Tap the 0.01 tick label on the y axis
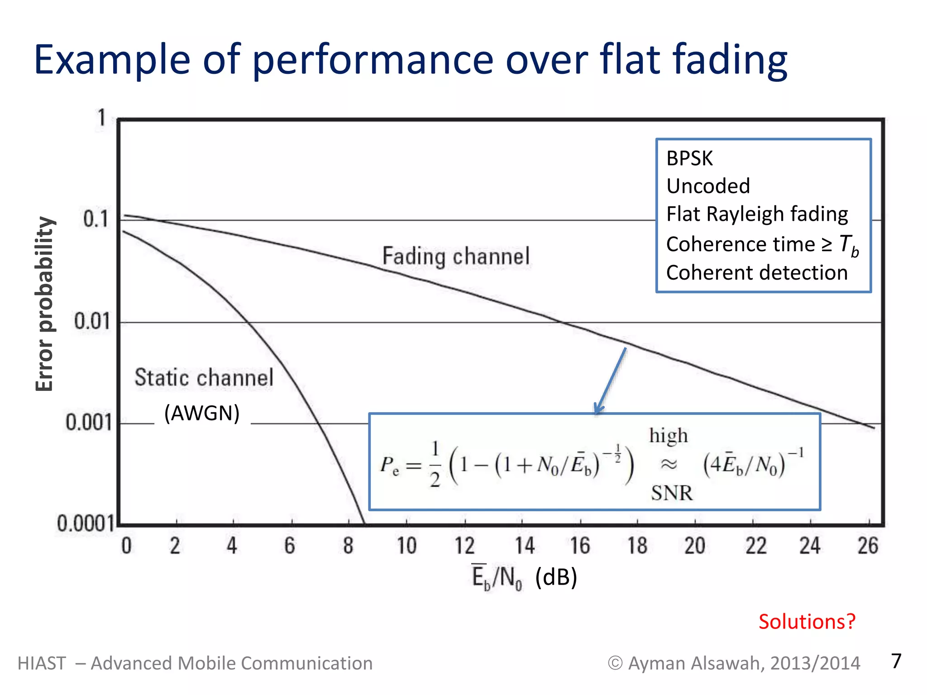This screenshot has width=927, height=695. [92, 321]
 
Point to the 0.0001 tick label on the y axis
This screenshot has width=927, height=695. [85, 524]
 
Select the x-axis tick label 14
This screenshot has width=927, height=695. [525, 546]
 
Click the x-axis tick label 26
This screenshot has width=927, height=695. [868, 546]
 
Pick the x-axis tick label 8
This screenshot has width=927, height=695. [348, 546]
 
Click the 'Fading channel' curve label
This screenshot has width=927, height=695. [456, 256]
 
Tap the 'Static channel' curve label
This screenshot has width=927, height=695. [204, 377]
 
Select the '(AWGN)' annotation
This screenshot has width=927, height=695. [202, 413]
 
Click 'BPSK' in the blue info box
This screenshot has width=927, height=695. [689, 158]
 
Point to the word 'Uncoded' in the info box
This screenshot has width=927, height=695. [708, 186]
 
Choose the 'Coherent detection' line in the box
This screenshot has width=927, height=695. [756, 273]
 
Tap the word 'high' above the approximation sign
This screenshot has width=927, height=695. [668, 436]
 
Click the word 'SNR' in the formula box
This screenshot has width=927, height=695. [672, 493]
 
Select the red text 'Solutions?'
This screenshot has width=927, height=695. [807, 622]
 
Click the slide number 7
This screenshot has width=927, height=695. [896, 661]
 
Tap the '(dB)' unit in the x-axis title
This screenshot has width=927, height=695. [556, 577]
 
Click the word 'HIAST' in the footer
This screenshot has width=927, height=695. [42, 663]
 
